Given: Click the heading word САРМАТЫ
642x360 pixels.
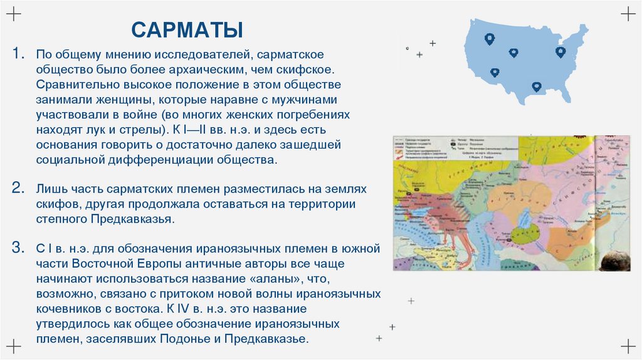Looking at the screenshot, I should point(187,29).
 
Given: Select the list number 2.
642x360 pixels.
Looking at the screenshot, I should point(19,188).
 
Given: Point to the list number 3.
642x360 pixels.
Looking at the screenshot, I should point(19,247).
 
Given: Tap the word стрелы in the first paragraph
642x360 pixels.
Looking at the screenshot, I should point(141,130).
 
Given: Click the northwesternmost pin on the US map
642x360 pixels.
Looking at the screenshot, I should point(490,38).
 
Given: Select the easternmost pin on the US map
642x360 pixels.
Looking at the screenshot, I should point(560,51).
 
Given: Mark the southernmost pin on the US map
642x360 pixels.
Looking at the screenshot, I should point(536,87).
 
